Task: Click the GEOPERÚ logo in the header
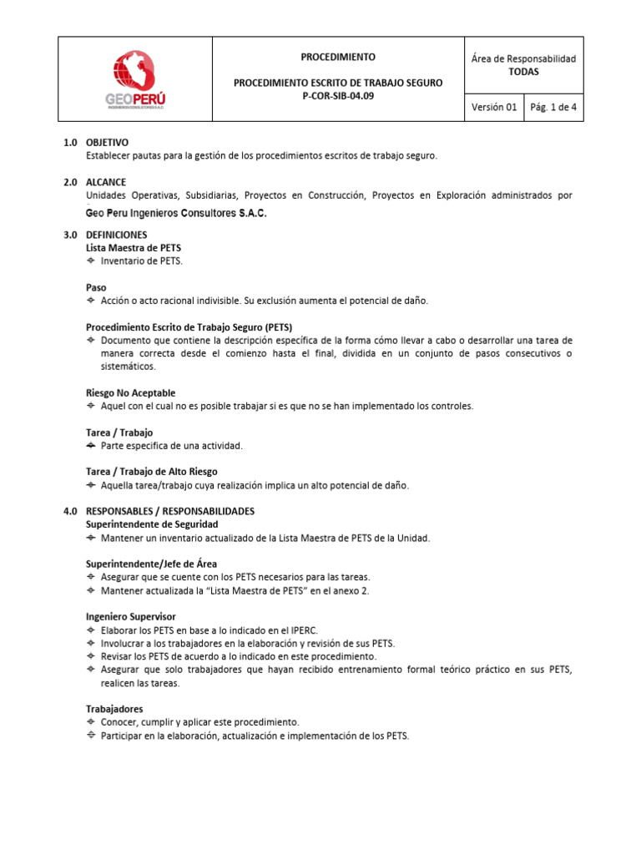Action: [135, 79]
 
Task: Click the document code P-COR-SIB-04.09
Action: [337, 97]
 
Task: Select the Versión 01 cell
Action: [494, 107]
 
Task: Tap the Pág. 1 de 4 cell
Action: [553, 107]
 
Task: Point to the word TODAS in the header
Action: [523, 72]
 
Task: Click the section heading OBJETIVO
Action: [108, 143]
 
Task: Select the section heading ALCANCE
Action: [106, 182]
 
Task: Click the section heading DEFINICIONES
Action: [117, 235]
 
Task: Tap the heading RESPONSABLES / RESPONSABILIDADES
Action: [170, 510]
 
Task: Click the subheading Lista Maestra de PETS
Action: [134, 248]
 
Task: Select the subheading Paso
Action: [96, 286]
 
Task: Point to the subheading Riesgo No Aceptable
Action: [130, 392]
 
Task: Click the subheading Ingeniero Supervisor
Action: [130, 616]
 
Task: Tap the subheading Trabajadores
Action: [114, 709]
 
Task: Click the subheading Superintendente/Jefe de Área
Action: [152, 564]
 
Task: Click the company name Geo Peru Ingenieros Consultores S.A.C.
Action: [176, 214]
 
